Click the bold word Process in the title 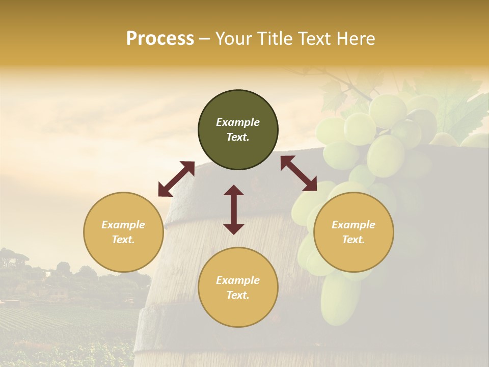160,39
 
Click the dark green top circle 238,129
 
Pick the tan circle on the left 123,232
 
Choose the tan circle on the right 354,232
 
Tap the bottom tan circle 238,287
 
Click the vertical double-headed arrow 234,209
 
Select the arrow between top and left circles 176,178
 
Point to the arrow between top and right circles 298,173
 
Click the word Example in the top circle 238,122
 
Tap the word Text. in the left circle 123,240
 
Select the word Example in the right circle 354,225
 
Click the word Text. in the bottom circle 238,295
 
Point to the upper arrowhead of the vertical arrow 234,190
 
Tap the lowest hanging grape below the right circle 339,301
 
